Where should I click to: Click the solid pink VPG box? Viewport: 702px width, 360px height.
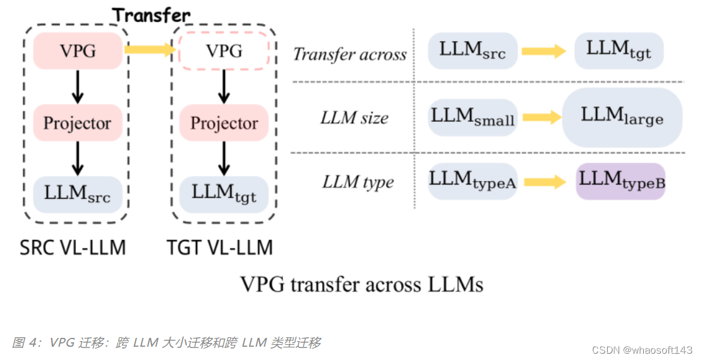point(77,51)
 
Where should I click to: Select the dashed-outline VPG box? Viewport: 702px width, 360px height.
point(224,51)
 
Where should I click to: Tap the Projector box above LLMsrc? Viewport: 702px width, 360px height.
point(77,123)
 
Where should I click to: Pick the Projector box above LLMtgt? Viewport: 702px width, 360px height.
point(224,123)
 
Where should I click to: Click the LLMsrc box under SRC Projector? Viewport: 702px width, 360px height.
point(77,194)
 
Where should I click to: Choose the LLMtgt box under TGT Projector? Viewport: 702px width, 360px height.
point(224,194)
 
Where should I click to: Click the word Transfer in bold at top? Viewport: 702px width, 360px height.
point(151,15)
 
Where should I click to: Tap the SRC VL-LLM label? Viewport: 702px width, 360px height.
point(73,247)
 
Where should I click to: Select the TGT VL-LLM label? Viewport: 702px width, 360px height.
point(220,247)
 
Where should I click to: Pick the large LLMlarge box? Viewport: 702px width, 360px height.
point(622,117)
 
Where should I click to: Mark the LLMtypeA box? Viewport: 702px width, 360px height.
point(473,182)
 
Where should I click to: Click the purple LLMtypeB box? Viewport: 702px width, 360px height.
point(621,181)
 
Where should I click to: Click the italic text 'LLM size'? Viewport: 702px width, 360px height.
point(354,117)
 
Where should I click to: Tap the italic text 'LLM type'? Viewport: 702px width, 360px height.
point(358,183)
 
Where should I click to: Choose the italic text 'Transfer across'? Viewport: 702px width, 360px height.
point(350,54)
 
